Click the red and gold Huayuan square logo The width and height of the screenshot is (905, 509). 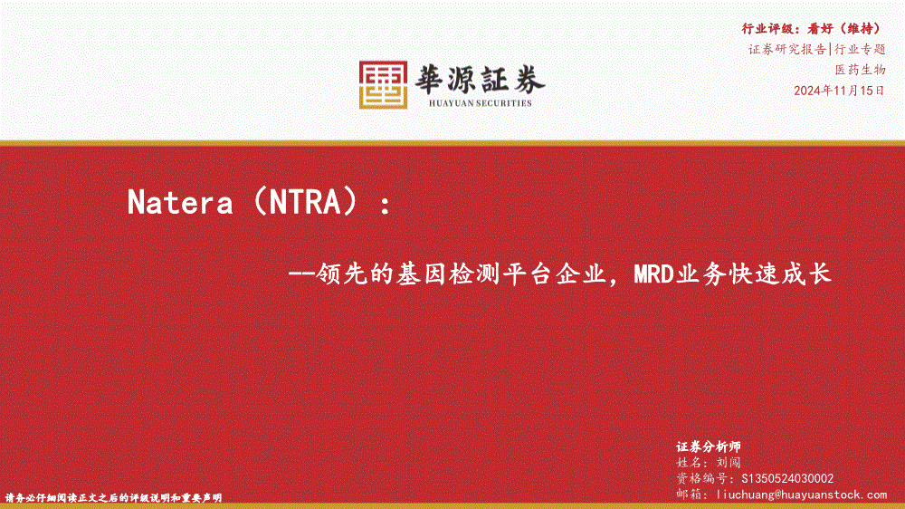click(383, 84)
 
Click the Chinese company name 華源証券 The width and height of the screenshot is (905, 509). click(480, 79)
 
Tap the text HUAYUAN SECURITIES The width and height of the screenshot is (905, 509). click(481, 103)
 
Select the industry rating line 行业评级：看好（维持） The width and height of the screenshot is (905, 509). click(813, 28)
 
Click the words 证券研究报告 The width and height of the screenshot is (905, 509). click(787, 49)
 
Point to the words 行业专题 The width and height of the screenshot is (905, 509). click(860, 49)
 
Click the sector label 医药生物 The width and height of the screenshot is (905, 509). click(860, 70)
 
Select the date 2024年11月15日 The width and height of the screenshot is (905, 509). click(839, 91)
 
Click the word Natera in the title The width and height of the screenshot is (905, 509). click(180, 202)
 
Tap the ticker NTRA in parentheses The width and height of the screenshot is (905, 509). click(305, 202)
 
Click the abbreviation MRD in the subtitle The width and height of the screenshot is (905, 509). click(654, 274)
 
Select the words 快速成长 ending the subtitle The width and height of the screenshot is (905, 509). click(779, 274)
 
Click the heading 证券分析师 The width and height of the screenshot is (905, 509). click(709, 447)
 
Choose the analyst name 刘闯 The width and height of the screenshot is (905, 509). click(729, 463)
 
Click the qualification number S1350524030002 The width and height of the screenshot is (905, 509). click(787, 478)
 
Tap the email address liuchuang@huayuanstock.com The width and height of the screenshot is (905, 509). click(801, 495)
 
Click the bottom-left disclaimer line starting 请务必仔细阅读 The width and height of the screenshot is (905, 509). click(114, 497)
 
